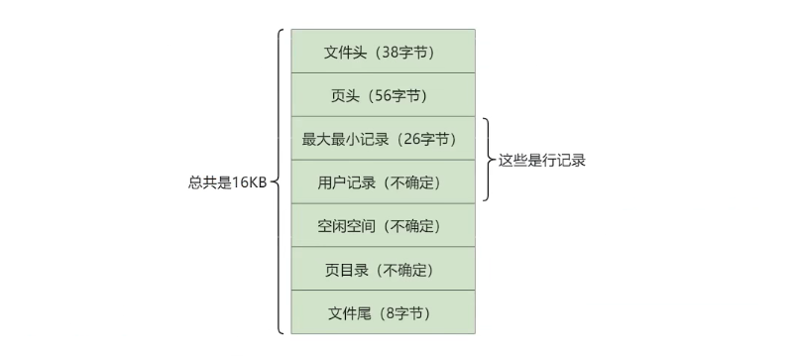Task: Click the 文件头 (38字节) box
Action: click(x=382, y=51)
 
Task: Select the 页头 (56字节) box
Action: click(x=382, y=95)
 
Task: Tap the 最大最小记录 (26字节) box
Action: click(x=382, y=139)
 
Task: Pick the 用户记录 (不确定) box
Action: click(x=382, y=182)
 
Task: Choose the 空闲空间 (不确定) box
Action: click(x=382, y=226)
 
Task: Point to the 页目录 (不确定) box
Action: click(x=382, y=270)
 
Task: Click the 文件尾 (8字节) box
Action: click(x=382, y=313)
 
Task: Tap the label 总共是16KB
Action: click(x=227, y=182)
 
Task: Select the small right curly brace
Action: click(x=488, y=160)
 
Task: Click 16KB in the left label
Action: click(x=250, y=182)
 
